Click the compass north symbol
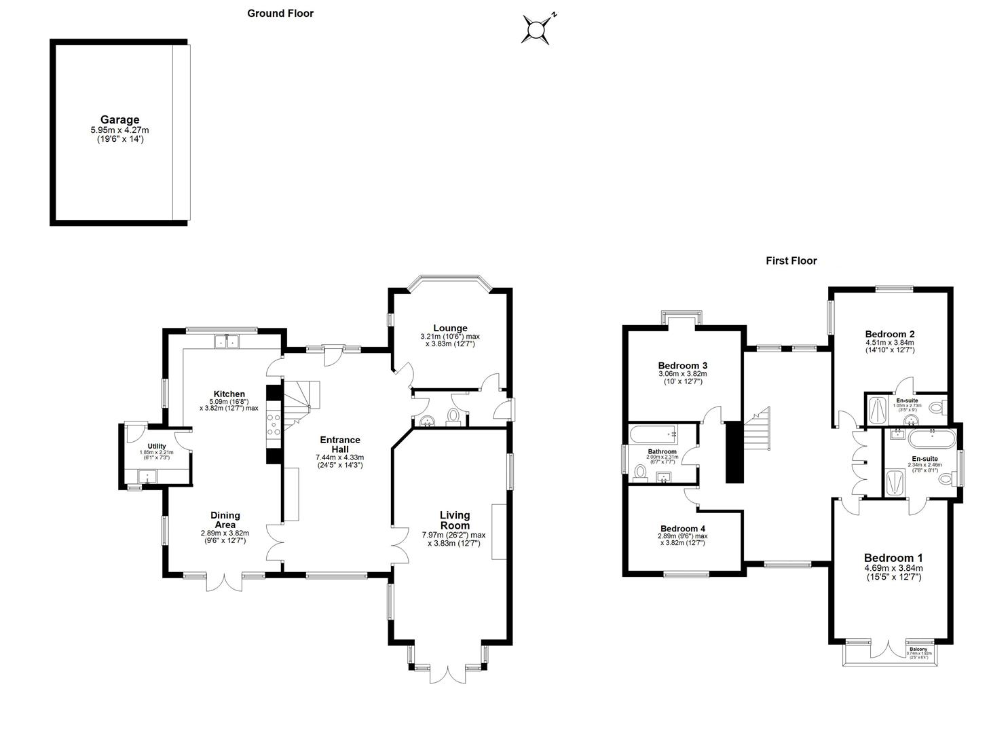[537, 30]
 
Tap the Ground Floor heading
[280, 13]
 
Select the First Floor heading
[791, 261]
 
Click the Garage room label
[119, 120]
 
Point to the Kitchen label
[229, 394]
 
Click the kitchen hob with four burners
[275, 424]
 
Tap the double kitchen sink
[227, 341]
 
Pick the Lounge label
[449, 328]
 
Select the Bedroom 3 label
[682, 364]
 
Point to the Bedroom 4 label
[682, 529]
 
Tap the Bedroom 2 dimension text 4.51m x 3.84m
[889, 343]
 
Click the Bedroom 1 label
[893, 559]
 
